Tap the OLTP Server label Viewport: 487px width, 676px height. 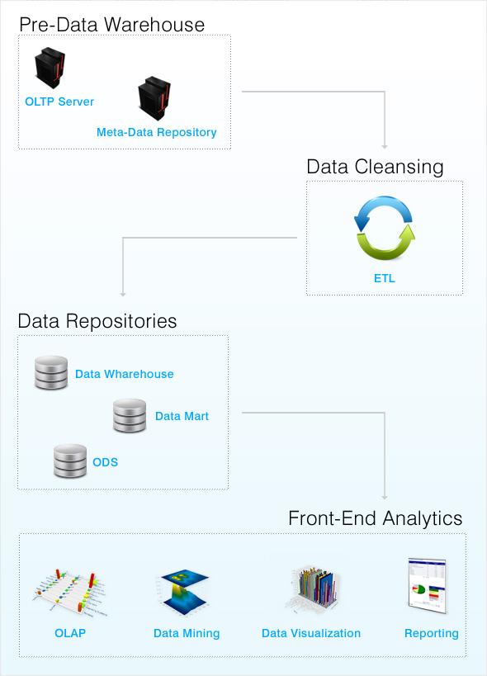59,102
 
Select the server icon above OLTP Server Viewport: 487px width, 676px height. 50,69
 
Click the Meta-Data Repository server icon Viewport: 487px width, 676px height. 154,99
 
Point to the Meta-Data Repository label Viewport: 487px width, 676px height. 156,132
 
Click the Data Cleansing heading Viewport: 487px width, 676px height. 375,167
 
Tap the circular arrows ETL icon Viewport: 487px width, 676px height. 384,228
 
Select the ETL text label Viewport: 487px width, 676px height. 384,278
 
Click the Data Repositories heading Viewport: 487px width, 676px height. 97,321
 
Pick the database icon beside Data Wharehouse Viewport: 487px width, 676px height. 50,373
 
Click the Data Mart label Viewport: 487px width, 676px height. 182,416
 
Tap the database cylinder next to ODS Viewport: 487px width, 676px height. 70,461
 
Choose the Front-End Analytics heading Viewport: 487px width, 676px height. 375,518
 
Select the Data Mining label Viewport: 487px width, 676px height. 187,633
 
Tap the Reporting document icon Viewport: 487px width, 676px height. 427,587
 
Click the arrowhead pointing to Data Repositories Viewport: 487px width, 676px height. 122,293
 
